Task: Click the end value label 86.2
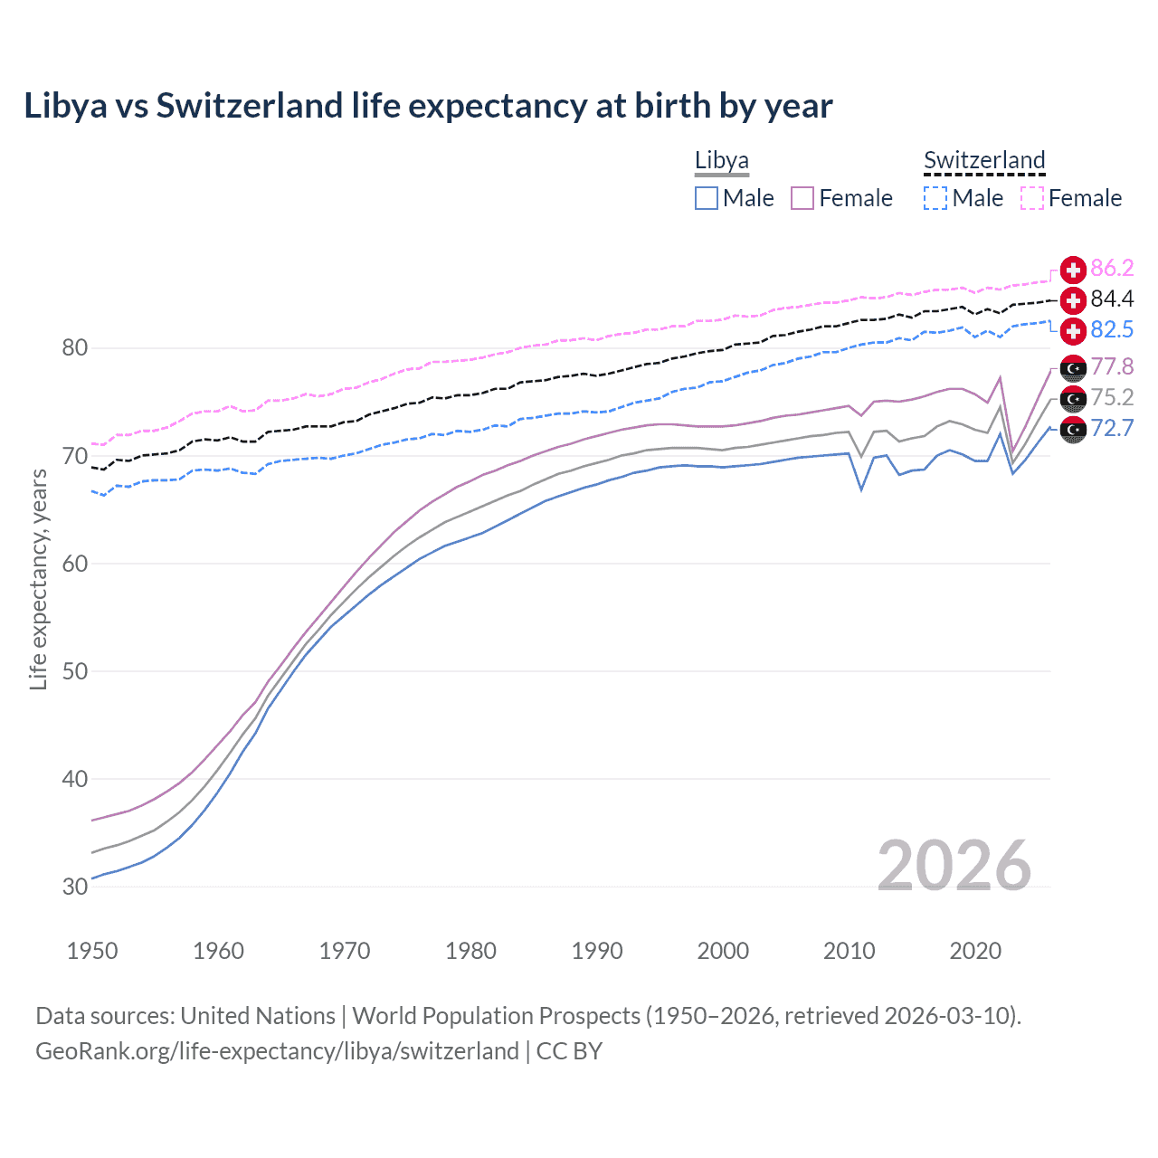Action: click(1112, 269)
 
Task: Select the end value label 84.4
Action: click(1112, 299)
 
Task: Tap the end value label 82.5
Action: click(1112, 330)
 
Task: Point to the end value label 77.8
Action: click(1112, 367)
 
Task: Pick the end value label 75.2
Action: click(1112, 398)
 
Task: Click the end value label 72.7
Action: click(1112, 429)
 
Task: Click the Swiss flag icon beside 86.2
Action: click(1073, 270)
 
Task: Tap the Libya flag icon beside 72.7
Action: click(1073, 430)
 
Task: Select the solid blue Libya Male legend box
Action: click(707, 198)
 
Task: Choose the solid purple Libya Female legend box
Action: click(802, 198)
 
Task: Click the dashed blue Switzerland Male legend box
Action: click(935, 198)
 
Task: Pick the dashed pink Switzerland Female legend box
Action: click(1032, 198)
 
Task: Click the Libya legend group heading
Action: click(721, 161)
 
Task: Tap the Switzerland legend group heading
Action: click(984, 161)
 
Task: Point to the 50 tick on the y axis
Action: click(75, 671)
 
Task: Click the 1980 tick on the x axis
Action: click(470, 951)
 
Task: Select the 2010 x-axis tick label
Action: click(849, 951)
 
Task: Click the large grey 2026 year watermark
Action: click(954, 866)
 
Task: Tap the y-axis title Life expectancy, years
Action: click(39, 579)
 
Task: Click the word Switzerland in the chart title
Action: click(251, 106)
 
